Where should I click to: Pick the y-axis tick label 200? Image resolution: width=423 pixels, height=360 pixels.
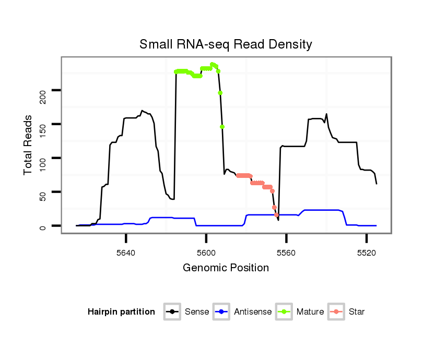coord(43,91)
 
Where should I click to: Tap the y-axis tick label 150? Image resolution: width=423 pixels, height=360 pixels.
coord(43,124)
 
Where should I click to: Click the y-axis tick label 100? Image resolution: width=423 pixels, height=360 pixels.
coord(43,158)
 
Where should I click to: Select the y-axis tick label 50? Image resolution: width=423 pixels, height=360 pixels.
coord(43,192)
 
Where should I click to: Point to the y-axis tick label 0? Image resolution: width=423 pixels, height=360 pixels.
coord(43,225)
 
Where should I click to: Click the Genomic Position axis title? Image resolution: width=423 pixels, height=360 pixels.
coord(226,268)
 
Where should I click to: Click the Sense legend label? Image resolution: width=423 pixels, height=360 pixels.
coord(197,312)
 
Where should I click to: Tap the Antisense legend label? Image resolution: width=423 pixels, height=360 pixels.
coord(253,312)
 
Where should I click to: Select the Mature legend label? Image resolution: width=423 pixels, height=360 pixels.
coord(310,312)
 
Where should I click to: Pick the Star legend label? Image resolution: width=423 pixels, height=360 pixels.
coord(357,312)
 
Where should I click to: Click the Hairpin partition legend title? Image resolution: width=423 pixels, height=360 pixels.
coord(121,312)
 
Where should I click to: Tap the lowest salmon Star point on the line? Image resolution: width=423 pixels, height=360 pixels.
coord(277,215)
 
